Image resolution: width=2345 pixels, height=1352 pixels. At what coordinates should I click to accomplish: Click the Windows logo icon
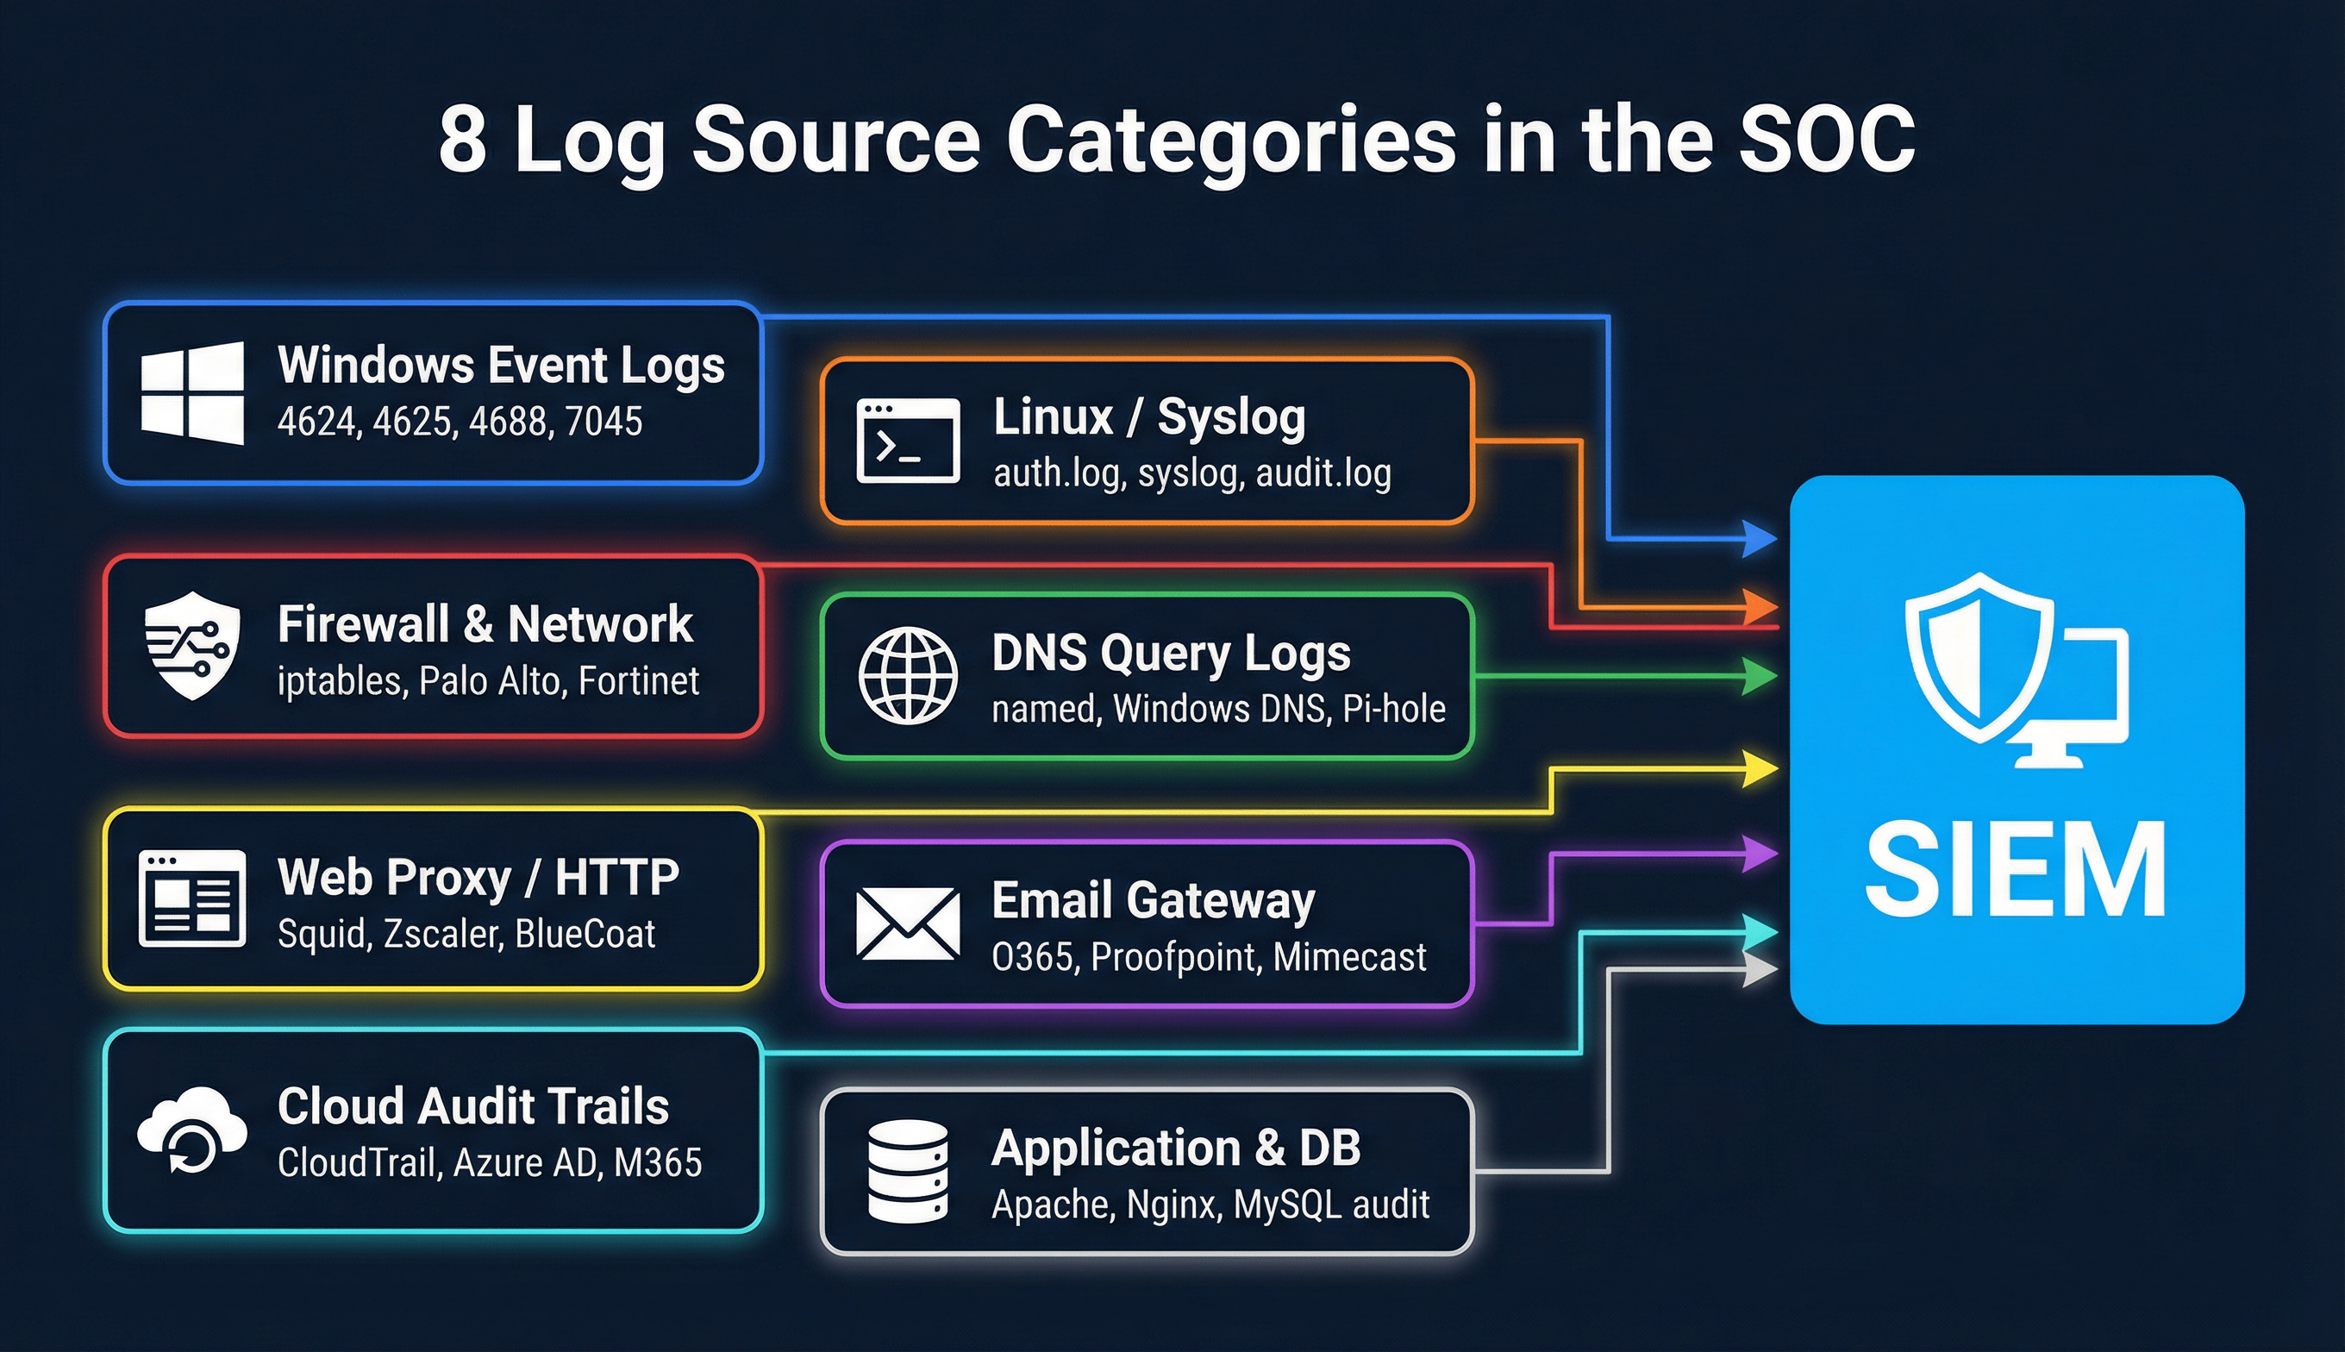tap(193, 393)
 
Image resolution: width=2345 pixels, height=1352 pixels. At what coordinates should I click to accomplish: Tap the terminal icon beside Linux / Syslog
tap(908, 441)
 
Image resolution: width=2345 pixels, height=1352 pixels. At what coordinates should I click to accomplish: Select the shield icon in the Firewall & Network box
tap(192, 645)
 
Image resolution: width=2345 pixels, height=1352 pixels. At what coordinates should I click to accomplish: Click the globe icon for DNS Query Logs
tap(908, 675)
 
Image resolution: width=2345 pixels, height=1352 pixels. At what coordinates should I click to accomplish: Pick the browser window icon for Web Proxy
tap(192, 898)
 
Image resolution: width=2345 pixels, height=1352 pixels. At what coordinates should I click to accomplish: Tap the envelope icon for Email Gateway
tap(908, 924)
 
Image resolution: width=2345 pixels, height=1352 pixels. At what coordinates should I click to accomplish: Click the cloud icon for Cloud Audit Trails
tap(192, 1130)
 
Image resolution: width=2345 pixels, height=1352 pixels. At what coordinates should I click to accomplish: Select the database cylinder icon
tap(908, 1171)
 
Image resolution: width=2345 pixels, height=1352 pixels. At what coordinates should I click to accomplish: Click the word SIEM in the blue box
tap(2016, 870)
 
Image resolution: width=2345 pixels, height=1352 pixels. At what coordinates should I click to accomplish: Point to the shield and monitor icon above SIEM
tap(2016, 669)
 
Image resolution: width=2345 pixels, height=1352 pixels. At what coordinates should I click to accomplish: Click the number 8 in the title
tap(462, 140)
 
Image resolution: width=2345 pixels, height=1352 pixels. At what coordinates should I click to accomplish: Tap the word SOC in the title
tap(1827, 140)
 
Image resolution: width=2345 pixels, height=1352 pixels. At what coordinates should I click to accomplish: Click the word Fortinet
tap(639, 681)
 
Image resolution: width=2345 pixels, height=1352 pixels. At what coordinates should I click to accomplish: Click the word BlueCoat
tap(585, 934)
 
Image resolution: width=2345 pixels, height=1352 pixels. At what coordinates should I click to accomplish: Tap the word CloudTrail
tap(359, 1162)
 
